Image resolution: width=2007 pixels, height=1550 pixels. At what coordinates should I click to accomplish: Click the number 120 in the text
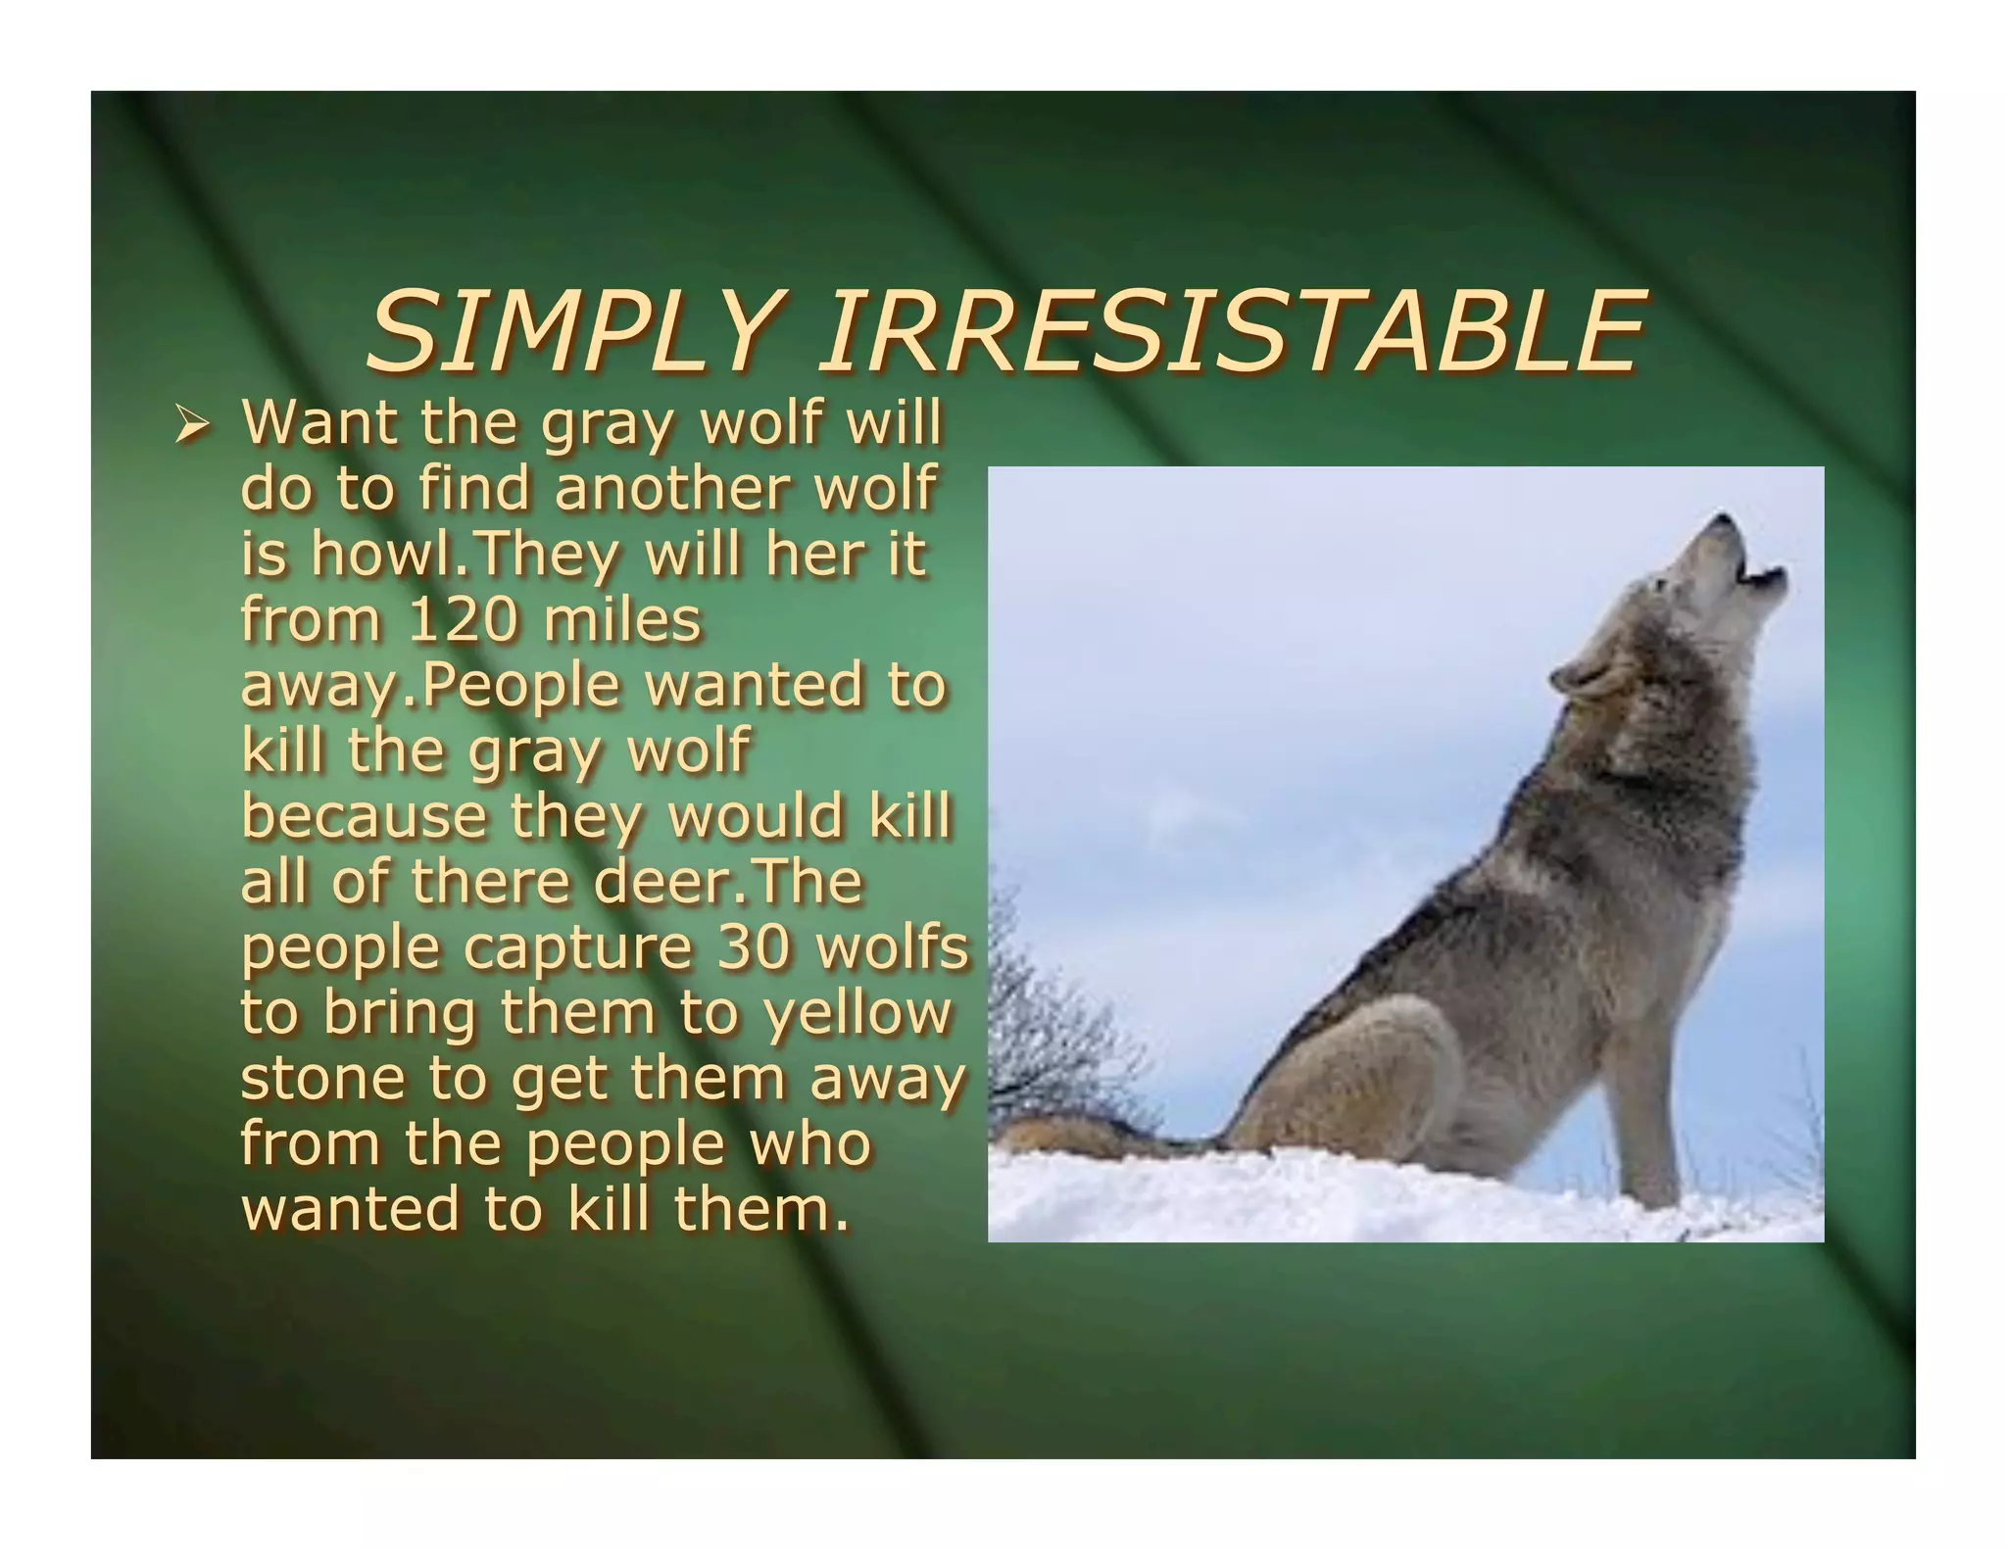[461, 619]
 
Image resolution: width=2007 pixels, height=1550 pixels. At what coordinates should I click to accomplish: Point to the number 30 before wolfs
[752, 947]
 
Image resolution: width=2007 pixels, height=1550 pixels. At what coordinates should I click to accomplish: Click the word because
[364, 816]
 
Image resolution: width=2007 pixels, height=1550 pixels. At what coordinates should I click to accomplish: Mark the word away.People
[430, 685]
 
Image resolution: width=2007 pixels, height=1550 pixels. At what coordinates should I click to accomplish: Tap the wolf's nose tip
[1723, 520]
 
